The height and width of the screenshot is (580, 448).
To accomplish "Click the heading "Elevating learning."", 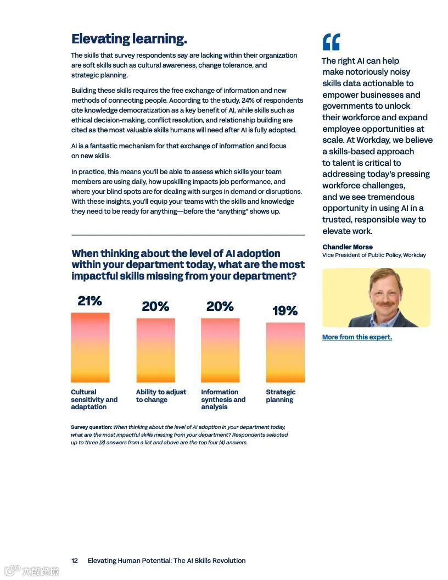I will pos(129,39).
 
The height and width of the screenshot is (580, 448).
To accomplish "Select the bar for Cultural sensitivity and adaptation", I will pos(90,347).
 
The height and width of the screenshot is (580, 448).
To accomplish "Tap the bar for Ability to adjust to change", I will pos(155,350).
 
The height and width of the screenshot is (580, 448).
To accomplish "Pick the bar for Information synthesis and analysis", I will pos(220,350).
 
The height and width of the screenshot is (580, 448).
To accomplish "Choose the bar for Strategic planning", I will pos(285,352).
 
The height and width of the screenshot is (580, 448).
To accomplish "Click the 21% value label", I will pos(89,301).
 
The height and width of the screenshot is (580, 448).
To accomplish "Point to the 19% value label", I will pos(285,311).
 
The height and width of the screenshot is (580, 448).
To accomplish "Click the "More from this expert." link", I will pos(357,337).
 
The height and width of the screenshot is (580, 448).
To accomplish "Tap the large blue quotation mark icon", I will pos(331,42).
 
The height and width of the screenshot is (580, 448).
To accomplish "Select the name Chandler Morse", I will pos(348,247).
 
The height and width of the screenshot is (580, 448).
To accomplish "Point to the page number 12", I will pos(75,561).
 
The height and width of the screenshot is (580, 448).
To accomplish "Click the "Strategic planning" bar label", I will pos(281,396).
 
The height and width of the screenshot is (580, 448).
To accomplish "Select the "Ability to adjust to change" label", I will pos(161,396).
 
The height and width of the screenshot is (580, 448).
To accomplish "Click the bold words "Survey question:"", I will pos(92,427).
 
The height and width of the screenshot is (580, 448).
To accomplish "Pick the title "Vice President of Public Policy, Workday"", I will pos(374,255).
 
